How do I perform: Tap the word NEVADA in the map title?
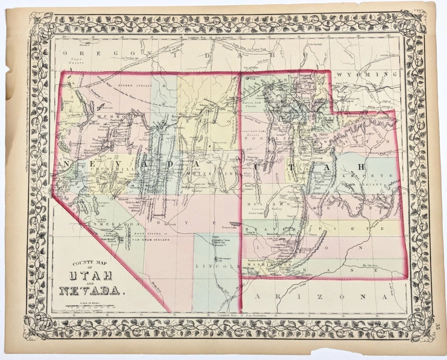tap(88, 291)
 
